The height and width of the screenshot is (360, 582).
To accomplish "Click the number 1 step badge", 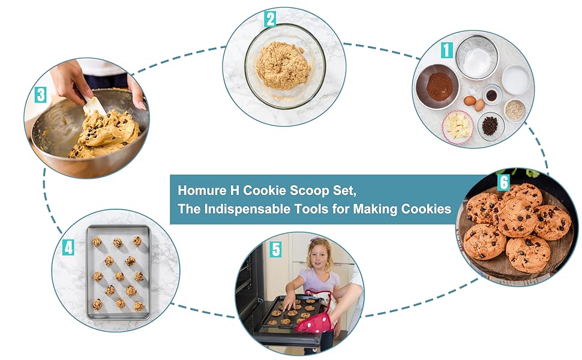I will [446, 50].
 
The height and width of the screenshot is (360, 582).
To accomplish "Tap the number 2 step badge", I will [270, 19].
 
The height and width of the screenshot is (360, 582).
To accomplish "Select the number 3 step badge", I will [41, 95].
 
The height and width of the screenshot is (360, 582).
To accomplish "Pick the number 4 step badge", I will [68, 246].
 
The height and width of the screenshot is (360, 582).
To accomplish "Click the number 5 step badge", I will [275, 250].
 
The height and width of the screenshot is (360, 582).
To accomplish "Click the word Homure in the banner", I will [200, 191].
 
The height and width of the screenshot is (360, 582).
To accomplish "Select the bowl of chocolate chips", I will [490, 126].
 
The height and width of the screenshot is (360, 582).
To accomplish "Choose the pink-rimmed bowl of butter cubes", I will [458, 127].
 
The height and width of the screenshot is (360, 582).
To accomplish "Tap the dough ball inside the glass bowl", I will [283, 65].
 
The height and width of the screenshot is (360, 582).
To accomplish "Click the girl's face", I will [319, 257].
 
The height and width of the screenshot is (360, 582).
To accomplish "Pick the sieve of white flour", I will [477, 58].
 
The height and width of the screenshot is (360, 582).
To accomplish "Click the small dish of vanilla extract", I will [492, 95].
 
